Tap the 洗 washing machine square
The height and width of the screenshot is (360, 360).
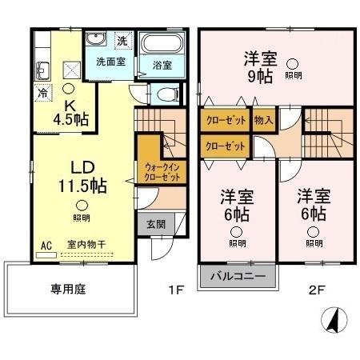122,39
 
